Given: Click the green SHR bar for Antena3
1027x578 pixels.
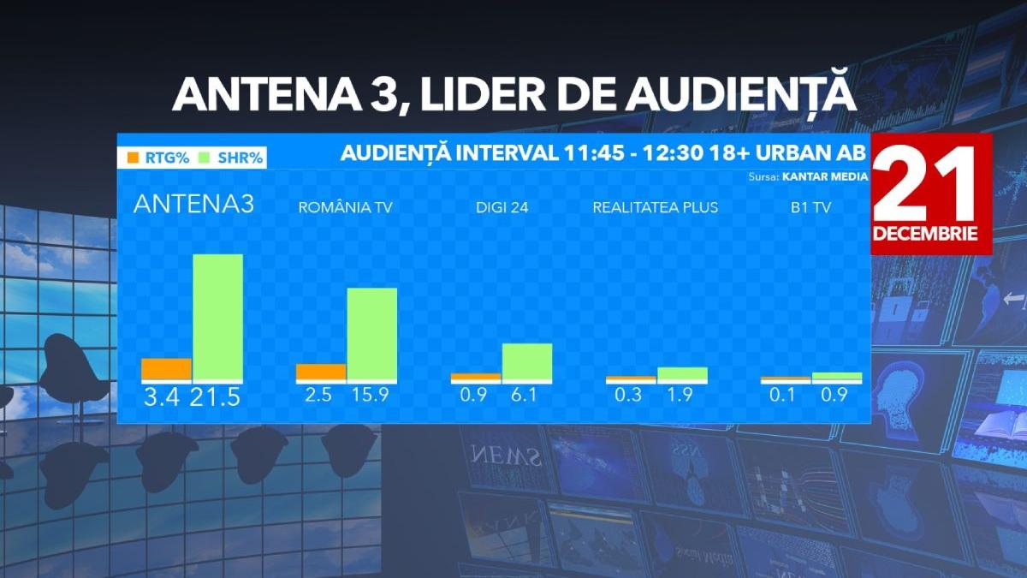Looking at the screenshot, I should [x=217, y=317].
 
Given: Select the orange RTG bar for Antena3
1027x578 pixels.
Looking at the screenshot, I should [x=166, y=369].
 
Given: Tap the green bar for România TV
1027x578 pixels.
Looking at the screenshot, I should [x=372, y=333].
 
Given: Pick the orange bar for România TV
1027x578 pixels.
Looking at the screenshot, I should [x=321, y=372].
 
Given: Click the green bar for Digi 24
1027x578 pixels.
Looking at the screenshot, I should [x=527, y=361].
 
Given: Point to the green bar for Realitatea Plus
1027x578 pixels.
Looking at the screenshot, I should [x=682, y=373].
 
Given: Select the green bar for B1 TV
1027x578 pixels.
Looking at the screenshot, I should [x=836, y=376].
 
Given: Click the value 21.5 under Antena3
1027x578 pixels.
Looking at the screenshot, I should [x=217, y=398].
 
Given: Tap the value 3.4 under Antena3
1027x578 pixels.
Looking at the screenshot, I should [x=161, y=398].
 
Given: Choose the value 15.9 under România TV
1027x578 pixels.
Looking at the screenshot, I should [x=372, y=396].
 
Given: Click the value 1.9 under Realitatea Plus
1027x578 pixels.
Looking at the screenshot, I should [x=682, y=396].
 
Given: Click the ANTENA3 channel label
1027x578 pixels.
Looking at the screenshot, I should [x=193, y=206].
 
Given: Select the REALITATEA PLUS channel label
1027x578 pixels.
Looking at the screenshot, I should [x=656, y=207].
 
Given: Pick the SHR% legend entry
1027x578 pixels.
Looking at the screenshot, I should [x=231, y=158].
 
